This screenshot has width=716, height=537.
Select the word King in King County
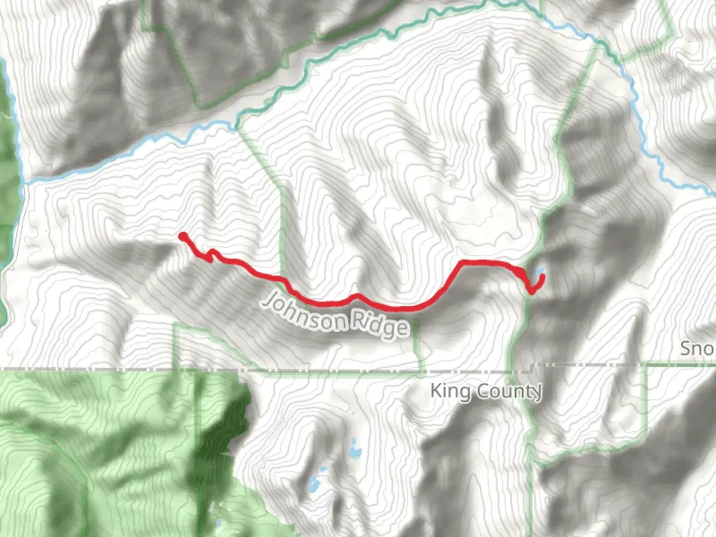tap(449, 391)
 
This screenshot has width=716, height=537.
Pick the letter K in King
tap(436, 390)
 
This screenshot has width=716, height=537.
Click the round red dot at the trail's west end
tap(183, 236)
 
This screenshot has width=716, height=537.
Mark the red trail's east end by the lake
tap(542, 276)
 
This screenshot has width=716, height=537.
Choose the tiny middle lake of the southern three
tap(323, 469)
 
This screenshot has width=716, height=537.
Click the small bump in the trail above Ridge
tap(356, 296)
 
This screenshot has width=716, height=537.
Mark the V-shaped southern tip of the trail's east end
tap(532, 291)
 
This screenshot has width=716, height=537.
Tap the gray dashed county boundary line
tap(348, 370)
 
